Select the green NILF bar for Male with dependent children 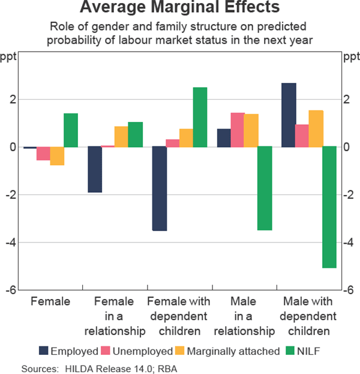pyautogui.click(x=329, y=207)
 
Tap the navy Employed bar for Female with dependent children pyautogui.click(x=159, y=189)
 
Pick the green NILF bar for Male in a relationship pyautogui.click(x=265, y=189)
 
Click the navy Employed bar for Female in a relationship pyautogui.click(x=95, y=169)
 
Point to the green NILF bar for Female pyautogui.click(x=71, y=130)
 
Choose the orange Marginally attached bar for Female pyautogui.click(x=57, y=155)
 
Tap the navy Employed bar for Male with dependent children pyautogui.click(x=288, y=115)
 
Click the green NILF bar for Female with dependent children pyautogui.click(x=200, y=117)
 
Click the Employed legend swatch pyautogui.click(x=44, y=351)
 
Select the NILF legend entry pyautogui.click(x=312, y=351)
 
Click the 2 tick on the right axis pyautogui.click(x=346, y=100)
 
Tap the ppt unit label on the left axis pyautogui.click(x=11, y=58)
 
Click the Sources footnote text pyautogui.click(x=100, y=367)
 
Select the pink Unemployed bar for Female pyautogui.click(x=43, y=153)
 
